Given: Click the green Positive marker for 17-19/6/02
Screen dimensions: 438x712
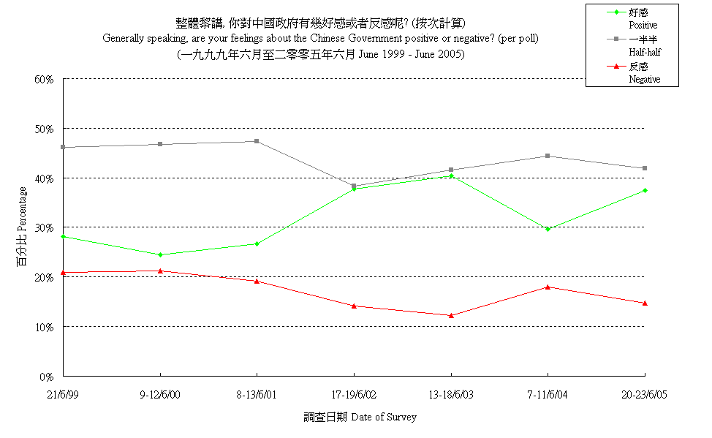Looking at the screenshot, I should (354, 189).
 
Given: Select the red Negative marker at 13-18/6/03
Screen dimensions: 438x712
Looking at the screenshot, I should (451, 315).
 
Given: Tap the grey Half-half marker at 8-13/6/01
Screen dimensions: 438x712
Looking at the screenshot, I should (257, 141).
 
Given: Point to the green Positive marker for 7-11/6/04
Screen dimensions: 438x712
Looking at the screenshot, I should (548, 229).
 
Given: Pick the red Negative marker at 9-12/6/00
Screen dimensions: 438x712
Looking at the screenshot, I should (160, 271).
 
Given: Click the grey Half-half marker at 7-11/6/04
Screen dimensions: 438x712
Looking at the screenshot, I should (548, 156).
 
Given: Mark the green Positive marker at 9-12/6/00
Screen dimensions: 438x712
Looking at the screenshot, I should (160, 254).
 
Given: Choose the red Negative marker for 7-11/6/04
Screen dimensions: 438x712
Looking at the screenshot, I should (548, 287).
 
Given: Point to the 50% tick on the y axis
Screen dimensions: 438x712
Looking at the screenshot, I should (45, 129).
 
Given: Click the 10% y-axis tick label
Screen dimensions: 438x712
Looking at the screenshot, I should (45, 327).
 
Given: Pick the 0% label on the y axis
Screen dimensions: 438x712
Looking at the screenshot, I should (48, 377).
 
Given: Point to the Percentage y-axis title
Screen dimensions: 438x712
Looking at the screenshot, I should (23, 227).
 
